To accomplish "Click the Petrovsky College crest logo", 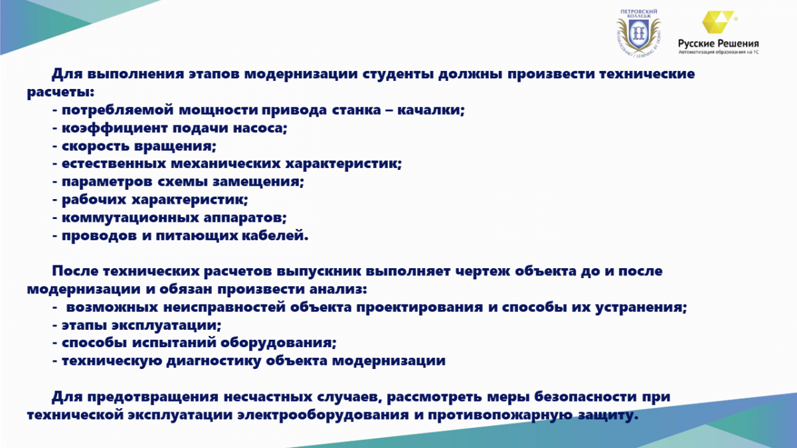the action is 639,33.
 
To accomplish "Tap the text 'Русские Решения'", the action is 719,44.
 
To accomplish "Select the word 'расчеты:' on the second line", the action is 61,92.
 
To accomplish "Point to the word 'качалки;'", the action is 431,110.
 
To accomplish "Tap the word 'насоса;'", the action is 260,128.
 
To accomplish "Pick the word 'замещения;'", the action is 258,182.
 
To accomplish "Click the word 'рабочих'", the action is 94,200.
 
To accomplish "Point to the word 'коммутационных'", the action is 130,218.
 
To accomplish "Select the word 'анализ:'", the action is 338,289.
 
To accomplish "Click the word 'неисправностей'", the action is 224,307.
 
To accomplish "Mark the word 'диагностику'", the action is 213,361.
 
